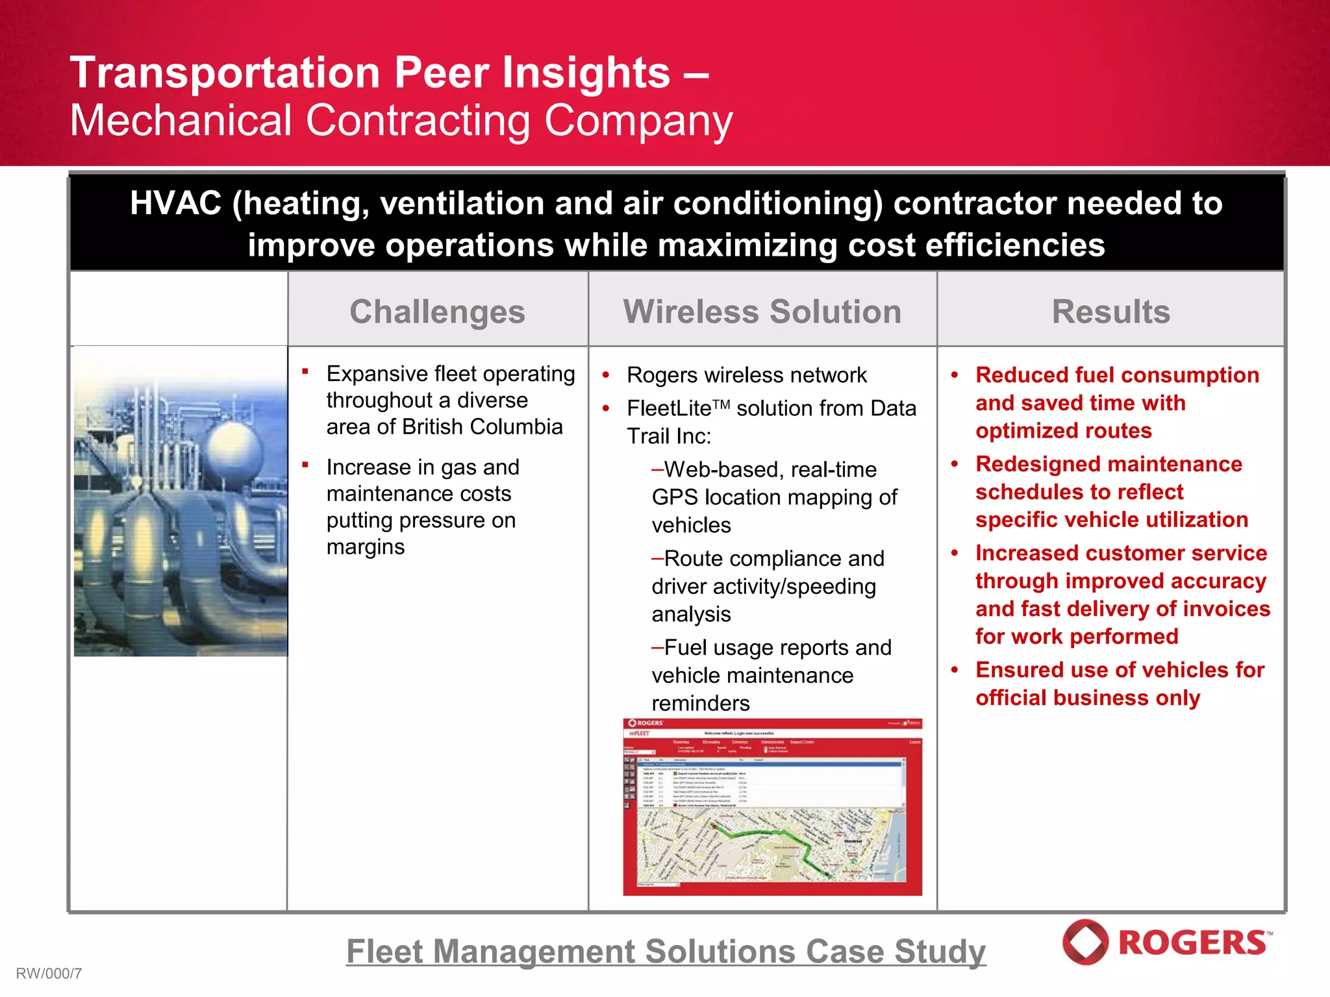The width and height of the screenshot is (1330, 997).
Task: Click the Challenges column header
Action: click(437, 312)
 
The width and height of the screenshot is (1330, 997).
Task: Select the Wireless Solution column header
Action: click(762, 312)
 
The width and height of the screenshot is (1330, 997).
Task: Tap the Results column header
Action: click(1110, 312)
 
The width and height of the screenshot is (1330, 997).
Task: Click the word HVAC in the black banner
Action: click(176, 204)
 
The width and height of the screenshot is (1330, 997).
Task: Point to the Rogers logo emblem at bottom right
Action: click(1085, 942)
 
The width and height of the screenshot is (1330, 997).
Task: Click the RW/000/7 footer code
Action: click(49, 974)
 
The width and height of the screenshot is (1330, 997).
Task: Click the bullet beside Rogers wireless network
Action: click(605, 376)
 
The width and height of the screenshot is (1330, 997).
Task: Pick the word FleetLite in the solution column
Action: click(669, 409)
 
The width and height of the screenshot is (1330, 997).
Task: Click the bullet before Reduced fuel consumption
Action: click(954, 376)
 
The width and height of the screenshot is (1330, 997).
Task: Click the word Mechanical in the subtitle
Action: click(181, 121)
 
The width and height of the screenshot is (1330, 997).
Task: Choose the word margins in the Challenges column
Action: click(365, 547)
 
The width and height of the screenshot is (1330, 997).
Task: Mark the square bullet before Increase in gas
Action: click(305, 465)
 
